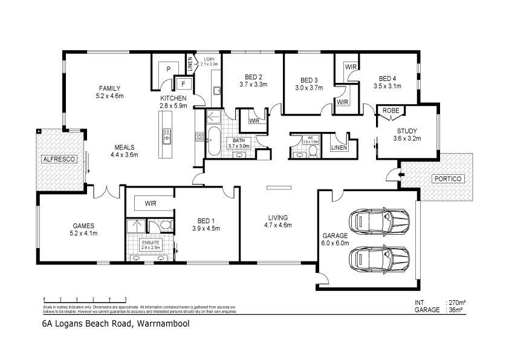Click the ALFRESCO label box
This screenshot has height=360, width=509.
(58, 159)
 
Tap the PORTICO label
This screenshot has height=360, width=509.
(447, 179)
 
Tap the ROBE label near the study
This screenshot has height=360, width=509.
(390, 111)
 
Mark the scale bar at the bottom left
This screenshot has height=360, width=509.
(84, 299)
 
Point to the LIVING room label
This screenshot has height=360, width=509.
(278, 217)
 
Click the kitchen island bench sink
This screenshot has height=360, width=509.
(166, 139)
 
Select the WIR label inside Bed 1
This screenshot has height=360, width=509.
(150, 204)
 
